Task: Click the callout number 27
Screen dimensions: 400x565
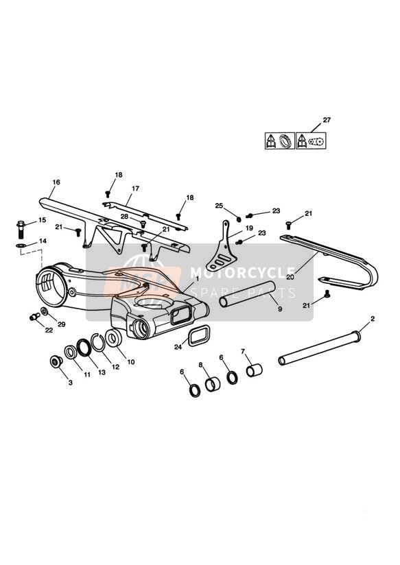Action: [327, 120]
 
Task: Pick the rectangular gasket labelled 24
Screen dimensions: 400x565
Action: [199, 336]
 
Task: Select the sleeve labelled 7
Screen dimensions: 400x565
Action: [255, 370]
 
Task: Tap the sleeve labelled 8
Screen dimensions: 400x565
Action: [213, 384]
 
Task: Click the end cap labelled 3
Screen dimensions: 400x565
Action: [56, 361]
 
